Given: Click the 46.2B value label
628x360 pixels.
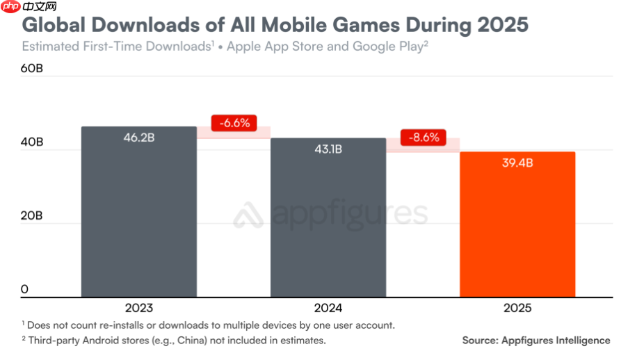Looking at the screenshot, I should click(138, 138).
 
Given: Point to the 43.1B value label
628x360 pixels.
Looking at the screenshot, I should click(328, 149).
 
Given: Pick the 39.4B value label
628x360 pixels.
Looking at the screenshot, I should click(517, 163).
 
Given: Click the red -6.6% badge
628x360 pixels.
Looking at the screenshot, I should click(234, 123).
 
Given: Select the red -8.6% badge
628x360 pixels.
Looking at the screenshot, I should click(424, 137).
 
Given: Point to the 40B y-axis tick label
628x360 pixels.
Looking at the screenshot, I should click(32, 142).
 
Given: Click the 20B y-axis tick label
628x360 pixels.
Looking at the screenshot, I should click(32, 216).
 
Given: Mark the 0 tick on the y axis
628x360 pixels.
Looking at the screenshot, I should click(24, 289).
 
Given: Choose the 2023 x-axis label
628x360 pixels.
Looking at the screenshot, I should click(138, 307).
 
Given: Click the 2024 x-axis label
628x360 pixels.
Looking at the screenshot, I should click(328, 307).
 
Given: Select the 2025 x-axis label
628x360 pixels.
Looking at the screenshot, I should click(517, 307).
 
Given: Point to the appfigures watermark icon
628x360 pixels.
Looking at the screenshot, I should click(248, 215).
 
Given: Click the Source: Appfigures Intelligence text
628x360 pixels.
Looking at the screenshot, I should click(536, 341).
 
